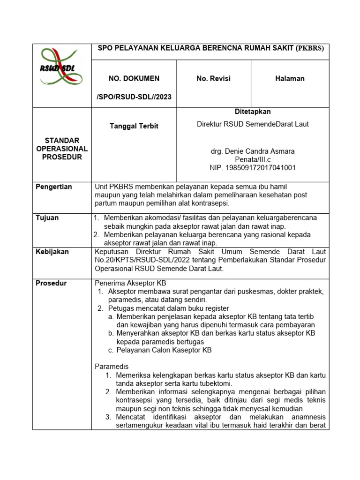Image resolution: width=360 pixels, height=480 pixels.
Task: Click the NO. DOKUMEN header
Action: coord(134,79)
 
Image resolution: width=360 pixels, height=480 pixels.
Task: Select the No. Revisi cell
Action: coord(213,79)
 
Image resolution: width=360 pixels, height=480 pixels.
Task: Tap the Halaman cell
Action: coord(290,79)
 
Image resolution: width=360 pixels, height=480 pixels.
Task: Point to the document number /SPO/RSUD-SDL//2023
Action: coord(134,97)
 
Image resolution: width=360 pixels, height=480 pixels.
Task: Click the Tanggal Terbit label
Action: coord(134,126)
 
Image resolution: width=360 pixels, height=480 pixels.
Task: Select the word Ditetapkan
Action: coord(253,112)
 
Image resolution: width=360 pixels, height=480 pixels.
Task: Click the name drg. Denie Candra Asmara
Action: coord(253,151)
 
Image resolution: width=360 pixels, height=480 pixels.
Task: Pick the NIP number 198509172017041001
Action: coord(253,167)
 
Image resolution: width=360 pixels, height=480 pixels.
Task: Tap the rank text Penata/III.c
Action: coord(253,159)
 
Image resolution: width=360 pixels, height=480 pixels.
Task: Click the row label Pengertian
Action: coord(54,187)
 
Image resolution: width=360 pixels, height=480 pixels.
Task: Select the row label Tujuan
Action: coord(47,218)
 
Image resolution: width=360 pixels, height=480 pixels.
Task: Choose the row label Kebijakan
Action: coord(52,252)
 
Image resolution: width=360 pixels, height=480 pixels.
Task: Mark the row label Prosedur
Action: coord(51,283)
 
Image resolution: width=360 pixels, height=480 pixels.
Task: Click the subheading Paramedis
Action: coord(112,367)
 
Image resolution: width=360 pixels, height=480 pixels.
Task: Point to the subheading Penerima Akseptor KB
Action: coord(130,283)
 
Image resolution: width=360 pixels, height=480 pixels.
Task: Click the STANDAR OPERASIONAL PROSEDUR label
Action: coord(62,149)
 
